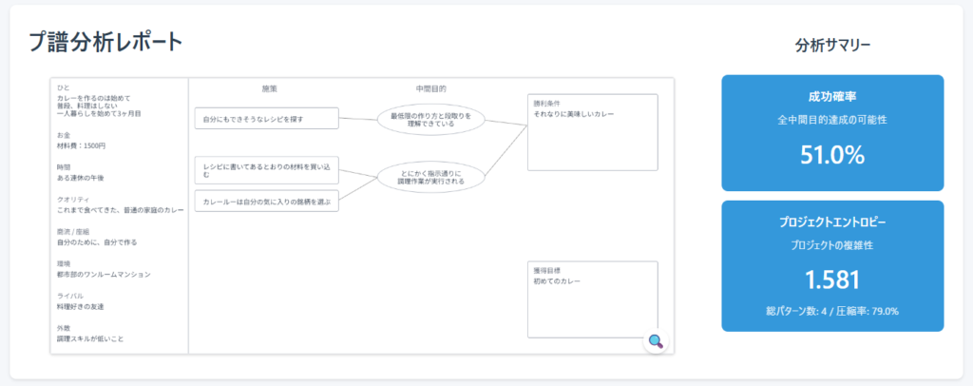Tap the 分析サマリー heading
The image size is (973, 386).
click(832, 45)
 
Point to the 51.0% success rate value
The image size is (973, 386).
click(832, 155)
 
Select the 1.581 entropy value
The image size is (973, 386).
click(832, 280)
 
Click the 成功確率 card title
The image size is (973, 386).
click(832, 96)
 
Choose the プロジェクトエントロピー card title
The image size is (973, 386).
click(832, 222)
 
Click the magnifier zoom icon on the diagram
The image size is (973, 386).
click(655, 342)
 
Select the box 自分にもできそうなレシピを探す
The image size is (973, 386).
click(266, 118)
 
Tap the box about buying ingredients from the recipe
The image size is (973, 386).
click(266, 170)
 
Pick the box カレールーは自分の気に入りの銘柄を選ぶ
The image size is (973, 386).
click(266, 201)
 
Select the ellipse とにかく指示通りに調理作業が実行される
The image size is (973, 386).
click(430, 176)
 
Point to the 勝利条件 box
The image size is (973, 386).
click(593, 131)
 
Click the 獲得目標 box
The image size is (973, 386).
click(593, 299)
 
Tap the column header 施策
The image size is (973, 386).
click(269, 87)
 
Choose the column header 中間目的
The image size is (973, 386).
click(430, 87)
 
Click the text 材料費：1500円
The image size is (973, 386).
click(82, 145)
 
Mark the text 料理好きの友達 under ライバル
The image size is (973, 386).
click(81, 306)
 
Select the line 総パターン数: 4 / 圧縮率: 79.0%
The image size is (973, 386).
click(832, 310)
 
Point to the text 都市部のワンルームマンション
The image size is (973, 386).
click(104, 274)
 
